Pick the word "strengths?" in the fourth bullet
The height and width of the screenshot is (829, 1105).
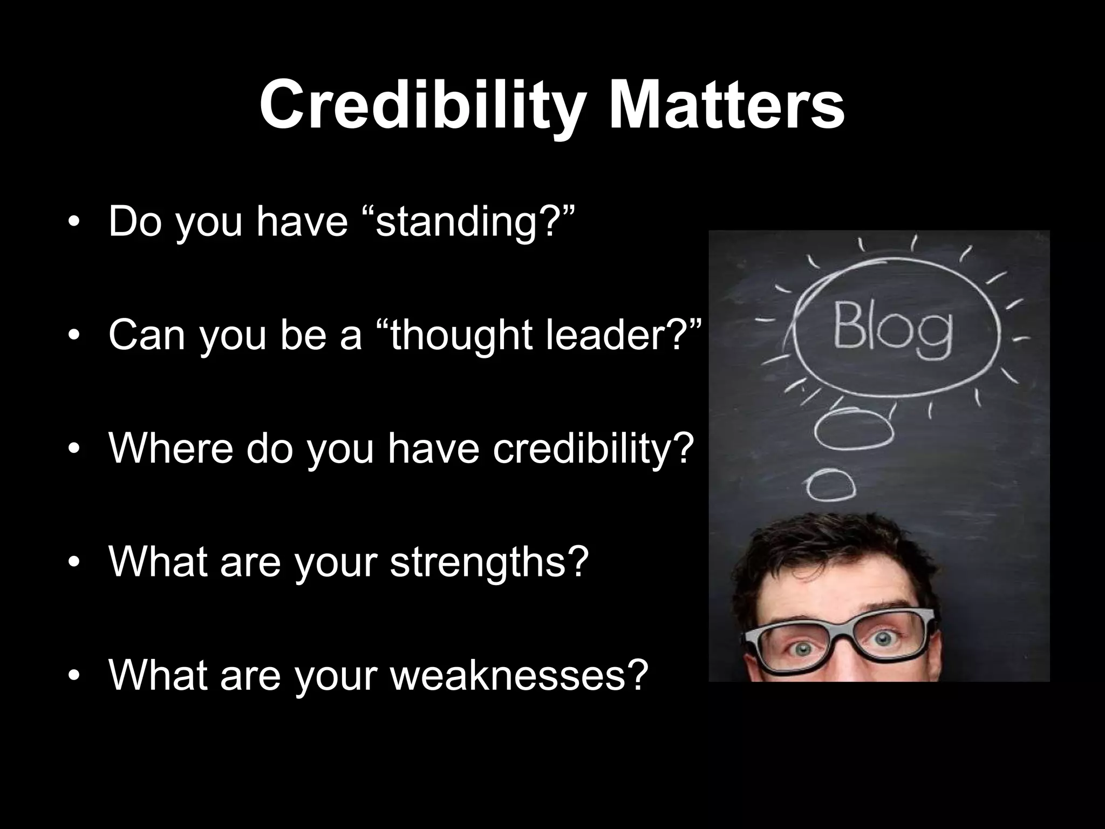[488, 562]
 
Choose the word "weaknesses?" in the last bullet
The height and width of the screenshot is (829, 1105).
[518, 675]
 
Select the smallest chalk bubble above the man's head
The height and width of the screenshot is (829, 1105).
[830, 484]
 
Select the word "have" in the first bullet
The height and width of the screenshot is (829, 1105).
[302, 221]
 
